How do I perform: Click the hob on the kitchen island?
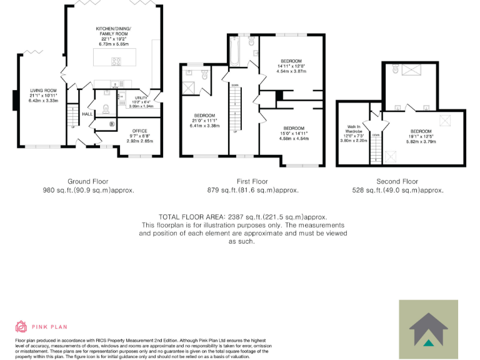(x=117, y=60)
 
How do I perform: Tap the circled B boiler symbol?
(x=112, y=124)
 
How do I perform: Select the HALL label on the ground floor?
(x=87, y=114)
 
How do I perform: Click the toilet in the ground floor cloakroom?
(x=106, y=108)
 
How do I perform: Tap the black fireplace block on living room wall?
(x=17, y=101)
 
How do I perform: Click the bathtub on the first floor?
(x=236, y=51)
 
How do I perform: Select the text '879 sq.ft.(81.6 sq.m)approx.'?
(x=252, y=190)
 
